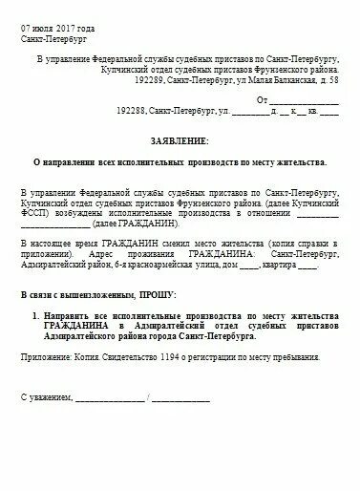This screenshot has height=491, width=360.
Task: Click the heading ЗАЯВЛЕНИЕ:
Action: coord(179,139)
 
